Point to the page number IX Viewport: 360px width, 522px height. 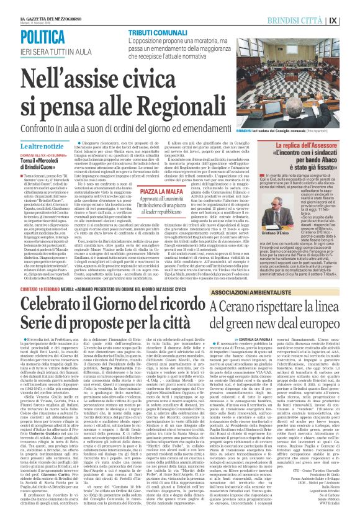pos(351,19)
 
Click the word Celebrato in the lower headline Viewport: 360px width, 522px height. pos(56,308)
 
